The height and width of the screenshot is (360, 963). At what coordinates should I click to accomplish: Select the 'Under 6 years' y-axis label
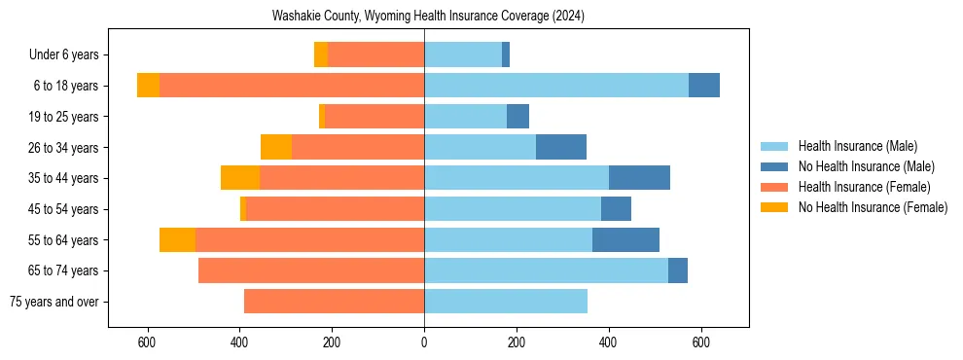point(69,55)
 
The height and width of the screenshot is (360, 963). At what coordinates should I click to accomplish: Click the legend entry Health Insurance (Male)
point(857,146)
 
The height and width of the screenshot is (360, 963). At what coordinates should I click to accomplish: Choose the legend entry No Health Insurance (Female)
point(873,207)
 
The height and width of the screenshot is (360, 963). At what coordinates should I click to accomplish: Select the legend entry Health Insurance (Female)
point(864,187)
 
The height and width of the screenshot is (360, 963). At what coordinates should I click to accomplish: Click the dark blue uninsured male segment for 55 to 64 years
point(625,239)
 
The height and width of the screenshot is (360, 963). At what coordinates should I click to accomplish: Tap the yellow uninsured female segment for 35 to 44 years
point(240,178)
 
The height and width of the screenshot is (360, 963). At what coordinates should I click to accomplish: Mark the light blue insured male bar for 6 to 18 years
point(556,86)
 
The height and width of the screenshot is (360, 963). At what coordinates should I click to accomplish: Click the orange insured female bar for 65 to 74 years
point(311,270)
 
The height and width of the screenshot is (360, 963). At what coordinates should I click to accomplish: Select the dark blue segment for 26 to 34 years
point(561,147)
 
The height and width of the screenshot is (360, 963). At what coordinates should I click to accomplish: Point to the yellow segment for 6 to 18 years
point(148,86)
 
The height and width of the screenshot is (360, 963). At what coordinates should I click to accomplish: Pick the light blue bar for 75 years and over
point(506,302)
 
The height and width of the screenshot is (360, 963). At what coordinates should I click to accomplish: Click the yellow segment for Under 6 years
point(321,54)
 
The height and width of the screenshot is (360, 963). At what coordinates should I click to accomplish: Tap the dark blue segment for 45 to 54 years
point(616,209)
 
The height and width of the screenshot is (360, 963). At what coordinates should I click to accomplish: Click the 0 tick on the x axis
point(424,342)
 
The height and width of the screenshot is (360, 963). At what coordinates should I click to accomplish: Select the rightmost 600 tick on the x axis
point(700,342)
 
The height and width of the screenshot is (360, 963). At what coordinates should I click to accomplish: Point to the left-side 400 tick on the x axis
point(239,342)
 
